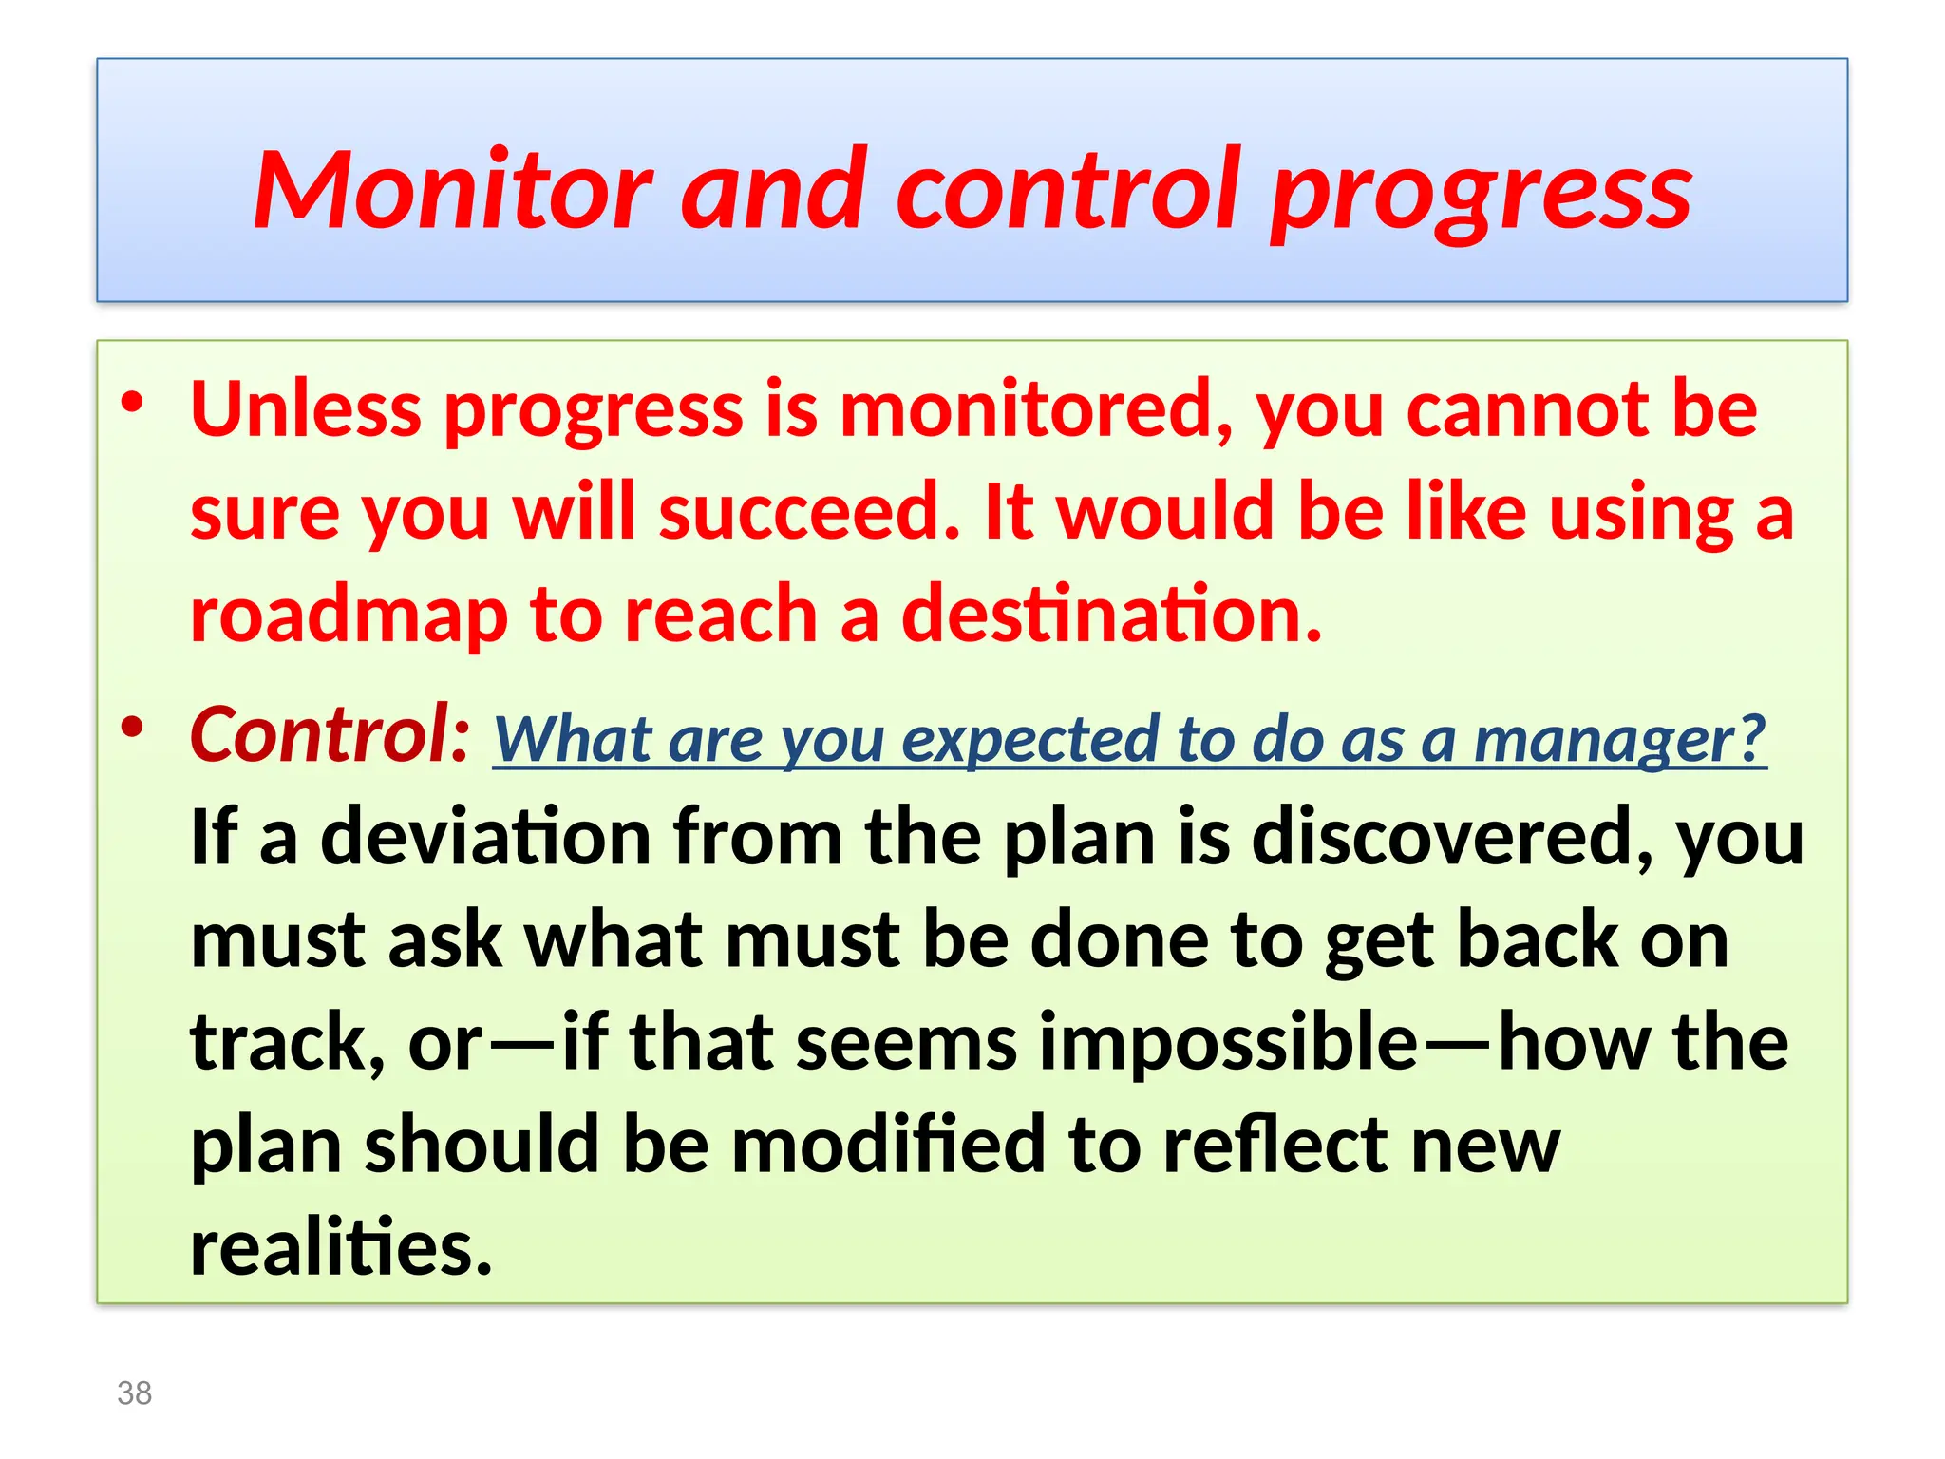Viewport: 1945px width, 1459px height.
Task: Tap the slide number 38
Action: tap(134, 1393)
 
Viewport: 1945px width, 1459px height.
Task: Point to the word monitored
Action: tap(1035, 410)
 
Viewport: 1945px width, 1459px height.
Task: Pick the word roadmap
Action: tap(349, 616)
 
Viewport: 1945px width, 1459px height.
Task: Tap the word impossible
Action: tap(1228, 1042)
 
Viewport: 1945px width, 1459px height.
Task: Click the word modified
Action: tap(888, 1144)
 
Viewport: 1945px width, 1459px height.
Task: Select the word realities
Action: tap(341, 1246)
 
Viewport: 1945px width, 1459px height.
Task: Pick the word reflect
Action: tap(1275, 1144)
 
